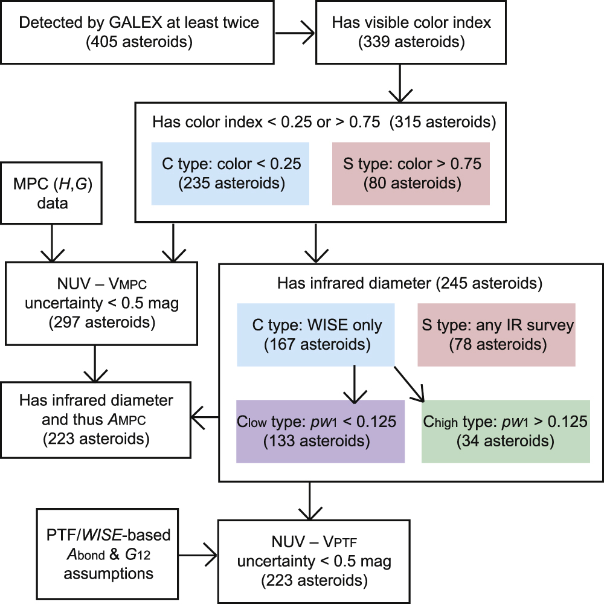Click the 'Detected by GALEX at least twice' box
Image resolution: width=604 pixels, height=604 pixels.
140,33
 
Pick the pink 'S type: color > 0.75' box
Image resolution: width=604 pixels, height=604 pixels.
411,174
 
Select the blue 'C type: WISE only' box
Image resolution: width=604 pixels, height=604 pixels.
316,335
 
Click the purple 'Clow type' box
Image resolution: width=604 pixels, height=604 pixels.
320,431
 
